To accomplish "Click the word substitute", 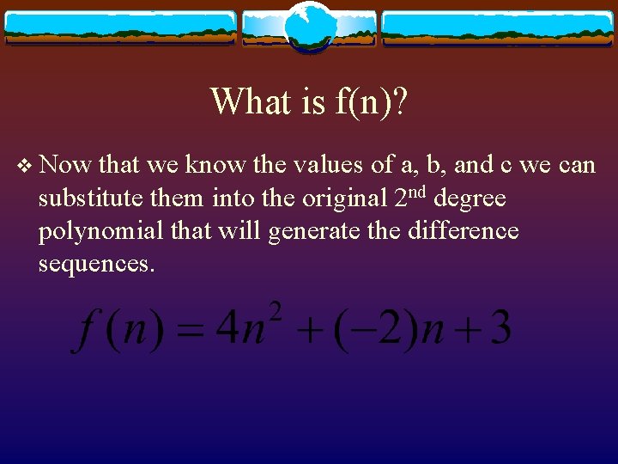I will pos(89,198).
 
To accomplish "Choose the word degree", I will pos(471,199).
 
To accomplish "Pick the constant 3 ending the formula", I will pos(500,328).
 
